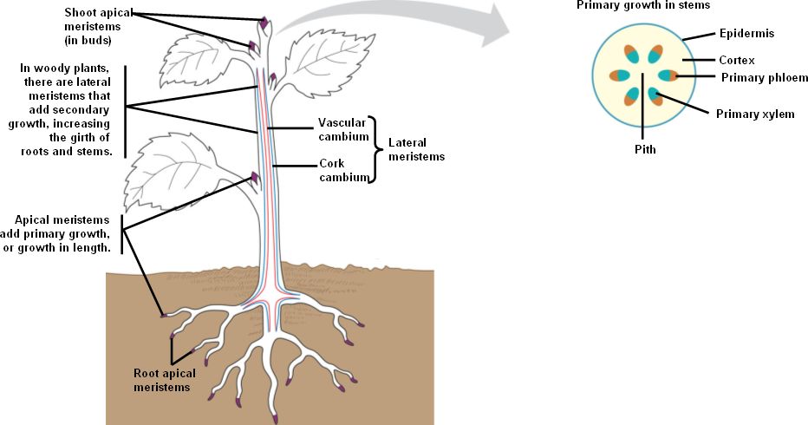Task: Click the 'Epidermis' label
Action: coord(746,33)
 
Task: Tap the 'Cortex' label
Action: coord(736,61)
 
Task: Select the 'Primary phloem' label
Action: coord(764,78)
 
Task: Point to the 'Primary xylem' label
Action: coord(754,114)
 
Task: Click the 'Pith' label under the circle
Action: coord(643,149)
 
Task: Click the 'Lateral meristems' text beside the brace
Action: coord(415,149)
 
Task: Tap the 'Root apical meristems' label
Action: coord(164,380)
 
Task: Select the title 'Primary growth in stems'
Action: coord(643,5)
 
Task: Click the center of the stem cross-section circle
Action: coord(642,75)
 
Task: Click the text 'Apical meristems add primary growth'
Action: coord(63,234)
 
